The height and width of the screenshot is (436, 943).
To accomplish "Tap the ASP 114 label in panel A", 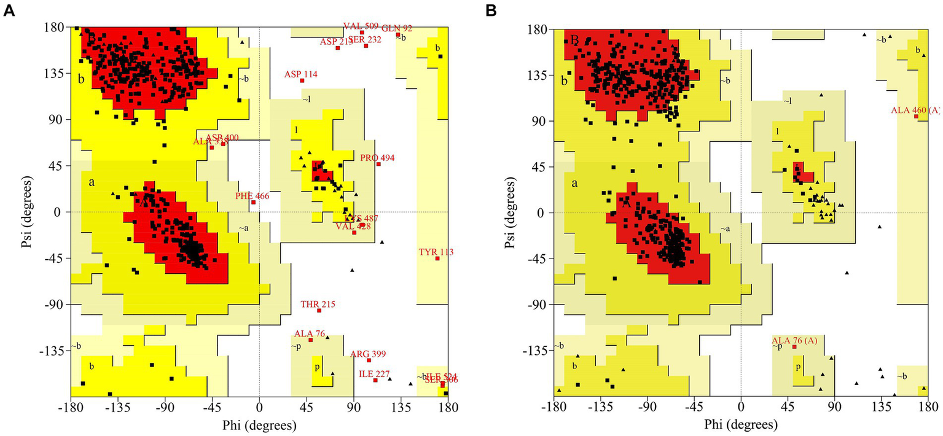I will click(300, 74).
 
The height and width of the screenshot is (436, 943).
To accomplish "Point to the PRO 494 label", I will click(377, 158).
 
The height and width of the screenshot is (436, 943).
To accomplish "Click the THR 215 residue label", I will click(318, 304).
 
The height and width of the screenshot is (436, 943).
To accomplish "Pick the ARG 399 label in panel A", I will click(368, 354).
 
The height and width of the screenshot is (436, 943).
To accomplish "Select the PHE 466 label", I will click(252, 196).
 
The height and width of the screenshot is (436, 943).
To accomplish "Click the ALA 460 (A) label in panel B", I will click(915, 111).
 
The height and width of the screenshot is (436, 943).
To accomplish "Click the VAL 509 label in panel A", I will click(361, 26).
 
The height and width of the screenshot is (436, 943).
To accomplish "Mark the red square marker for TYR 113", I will click(437, 259).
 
